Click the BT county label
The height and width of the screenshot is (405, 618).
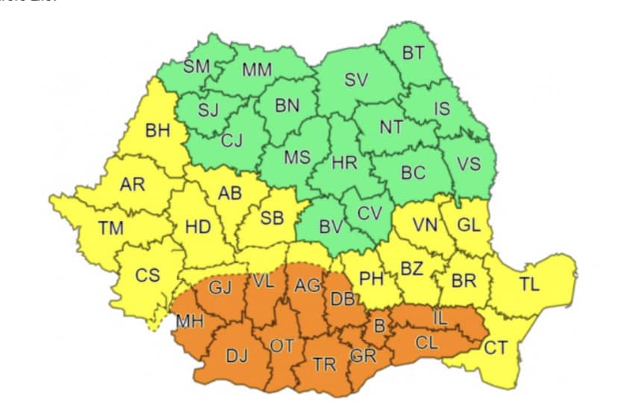click(413, 53)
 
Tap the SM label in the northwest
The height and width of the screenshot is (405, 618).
click(197, 67)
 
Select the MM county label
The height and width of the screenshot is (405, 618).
click(257, 70)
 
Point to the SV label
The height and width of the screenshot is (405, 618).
click(356, 79)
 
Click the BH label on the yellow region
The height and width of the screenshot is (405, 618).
click(157, 132)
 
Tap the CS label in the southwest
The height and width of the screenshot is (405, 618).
click(147, 276)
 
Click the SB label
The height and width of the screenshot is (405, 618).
click(272, 218)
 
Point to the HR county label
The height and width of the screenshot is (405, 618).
click(345, 162)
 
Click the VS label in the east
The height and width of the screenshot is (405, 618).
click(469, 164)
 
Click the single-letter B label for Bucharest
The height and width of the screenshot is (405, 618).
click(379, 327)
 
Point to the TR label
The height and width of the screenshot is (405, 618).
click(324, 364)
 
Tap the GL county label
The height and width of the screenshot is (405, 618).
click(469, 226)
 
